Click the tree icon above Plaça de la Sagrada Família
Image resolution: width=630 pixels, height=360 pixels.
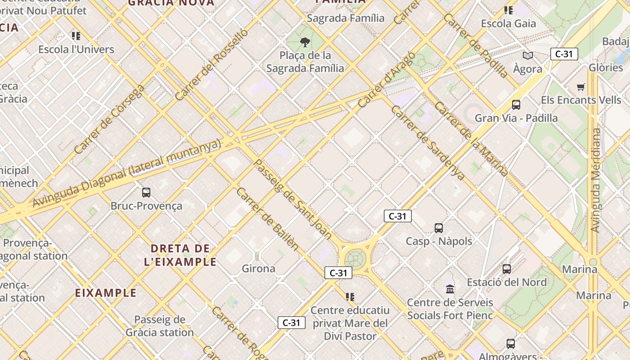click(305, 42)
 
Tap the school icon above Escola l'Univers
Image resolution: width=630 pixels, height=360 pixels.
click(76, 36)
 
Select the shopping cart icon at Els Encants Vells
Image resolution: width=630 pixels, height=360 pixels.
click(581, 87)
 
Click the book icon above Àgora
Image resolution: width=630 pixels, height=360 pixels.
click(528, 55)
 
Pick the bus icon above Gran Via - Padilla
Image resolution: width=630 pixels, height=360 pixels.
click(516, 105)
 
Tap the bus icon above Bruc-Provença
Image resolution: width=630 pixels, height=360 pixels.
click(146, 193)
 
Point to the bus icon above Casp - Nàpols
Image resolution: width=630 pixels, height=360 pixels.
click(439, 228)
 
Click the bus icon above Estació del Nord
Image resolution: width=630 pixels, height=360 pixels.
click(507, 269)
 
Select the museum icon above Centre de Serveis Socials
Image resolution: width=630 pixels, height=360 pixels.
click(450, 289)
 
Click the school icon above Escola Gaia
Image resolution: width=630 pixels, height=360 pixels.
click(508, 10)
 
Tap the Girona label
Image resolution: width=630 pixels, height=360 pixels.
click(259, 269)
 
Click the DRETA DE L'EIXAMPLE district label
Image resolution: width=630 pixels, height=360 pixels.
click(180, 255)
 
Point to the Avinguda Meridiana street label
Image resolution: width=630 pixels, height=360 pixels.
click(596, 180)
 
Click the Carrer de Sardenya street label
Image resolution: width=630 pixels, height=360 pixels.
click(427, 143)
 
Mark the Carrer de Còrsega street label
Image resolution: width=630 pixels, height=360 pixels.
click(109, 119)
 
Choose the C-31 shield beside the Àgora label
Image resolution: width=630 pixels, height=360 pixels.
click(564, 54)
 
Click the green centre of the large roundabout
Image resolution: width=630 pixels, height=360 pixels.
click(355, 259)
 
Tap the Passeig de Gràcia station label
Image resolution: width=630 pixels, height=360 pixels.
click(160, 326)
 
